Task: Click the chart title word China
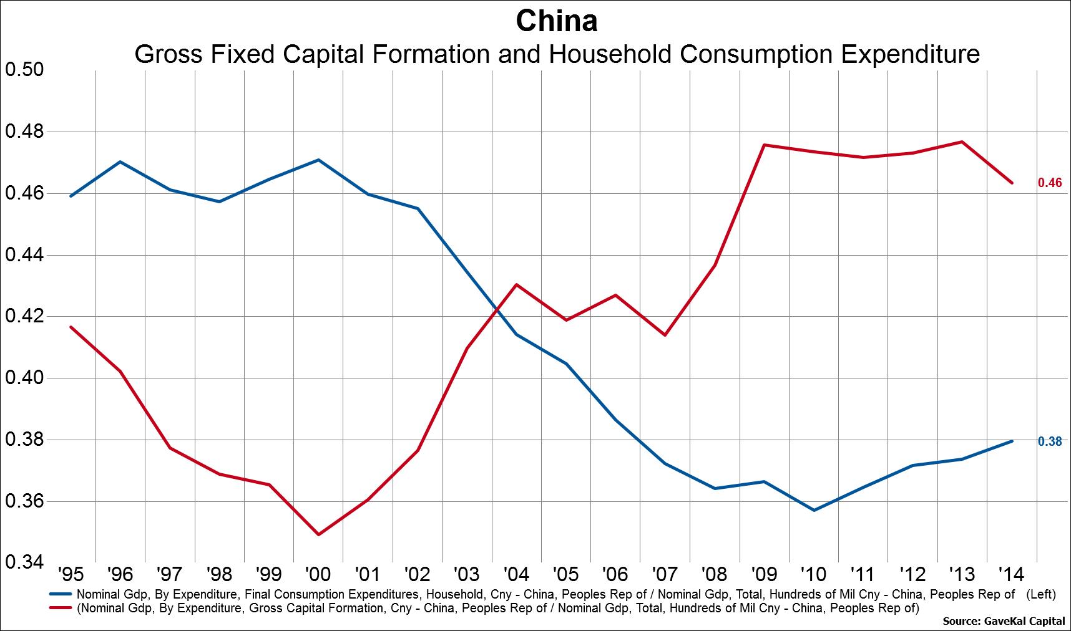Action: click(x=557, y=21)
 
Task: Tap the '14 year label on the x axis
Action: click(x=1009, y=574)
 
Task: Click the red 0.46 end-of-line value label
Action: click(x=1050, y=183)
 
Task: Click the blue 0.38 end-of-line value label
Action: click(x=1050, y=441)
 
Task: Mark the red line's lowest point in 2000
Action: click(x=318, y=534)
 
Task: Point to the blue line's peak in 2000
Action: click(x=318, y=160)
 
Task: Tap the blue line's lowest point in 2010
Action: click(x=814, y=510)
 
